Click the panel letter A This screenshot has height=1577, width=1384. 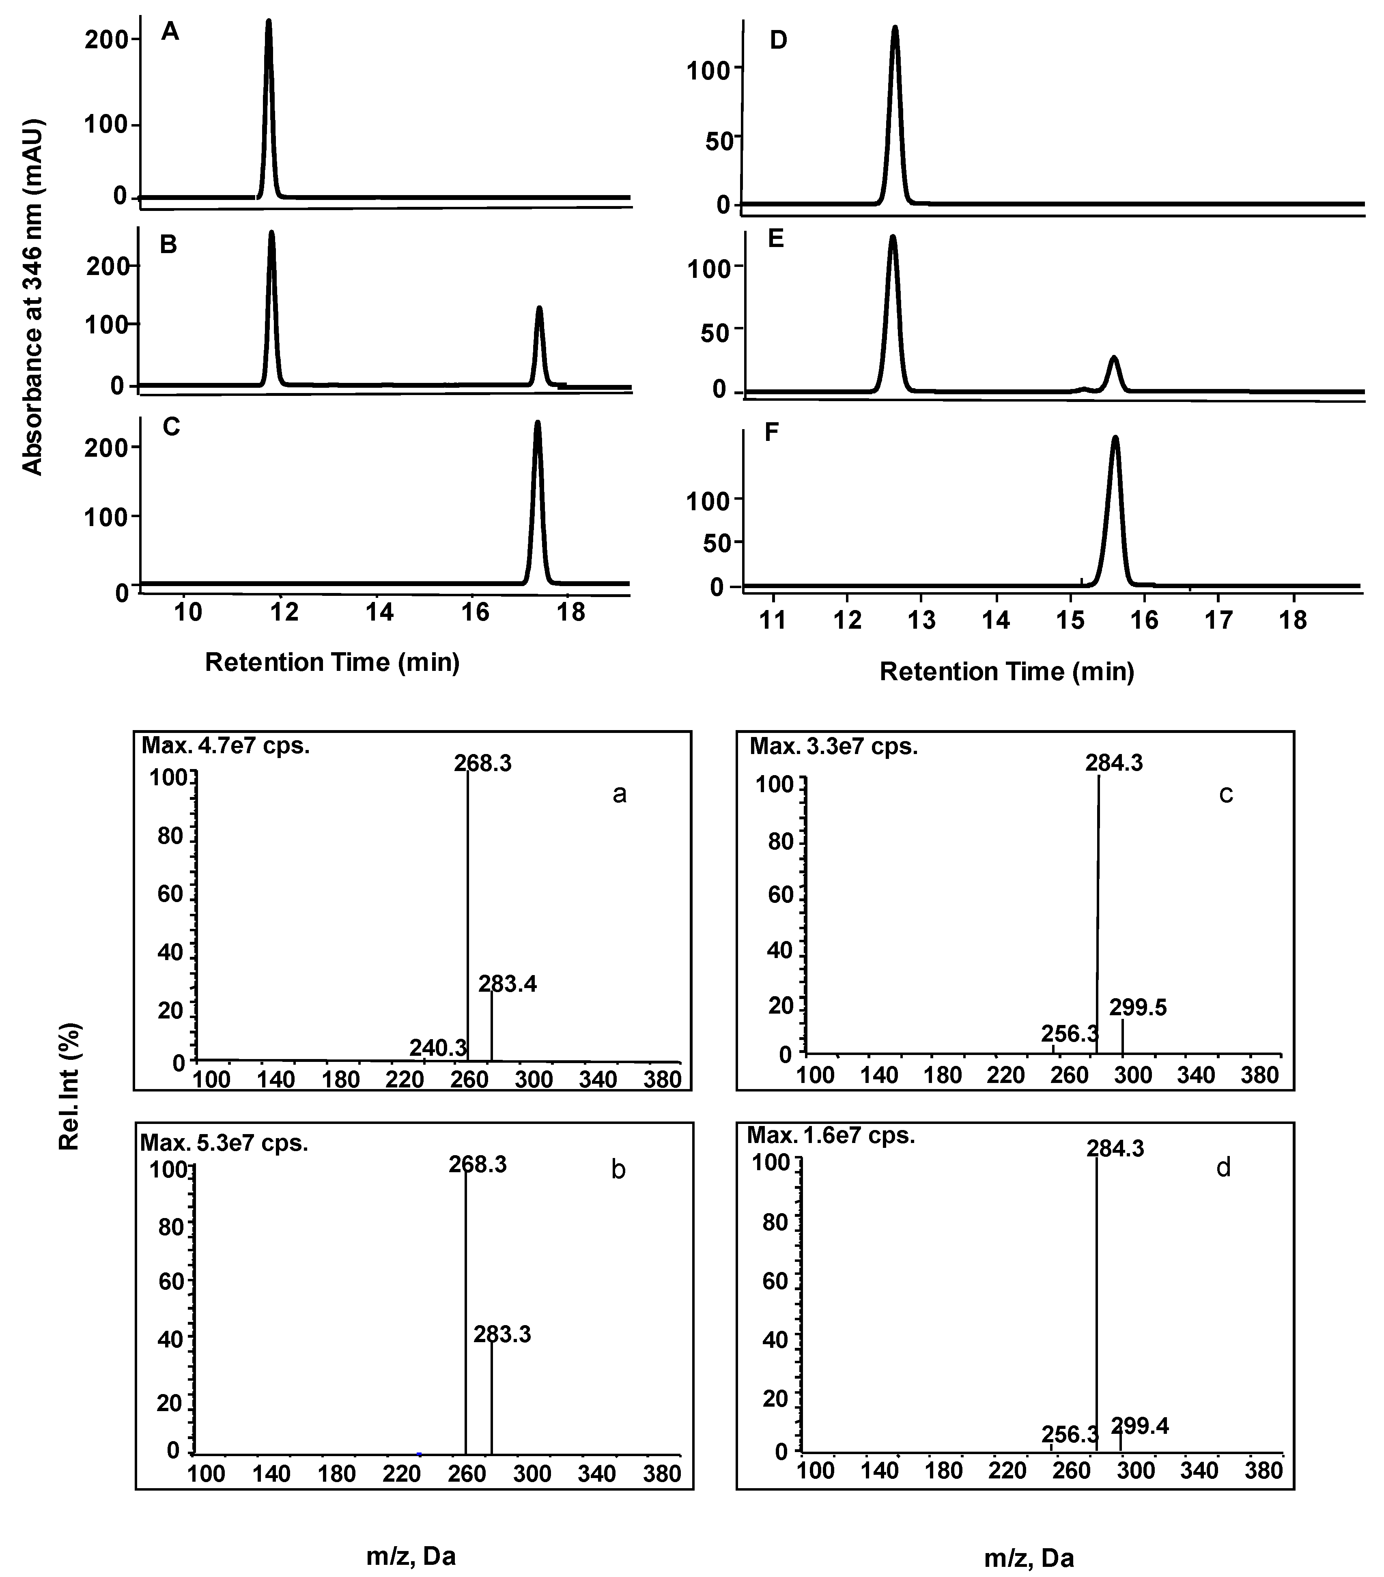click(170, 32)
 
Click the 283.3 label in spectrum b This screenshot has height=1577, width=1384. click(502, 1334)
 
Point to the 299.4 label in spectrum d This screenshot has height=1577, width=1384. click(1139, 1426)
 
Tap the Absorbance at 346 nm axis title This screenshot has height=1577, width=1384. click(32, 297)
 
